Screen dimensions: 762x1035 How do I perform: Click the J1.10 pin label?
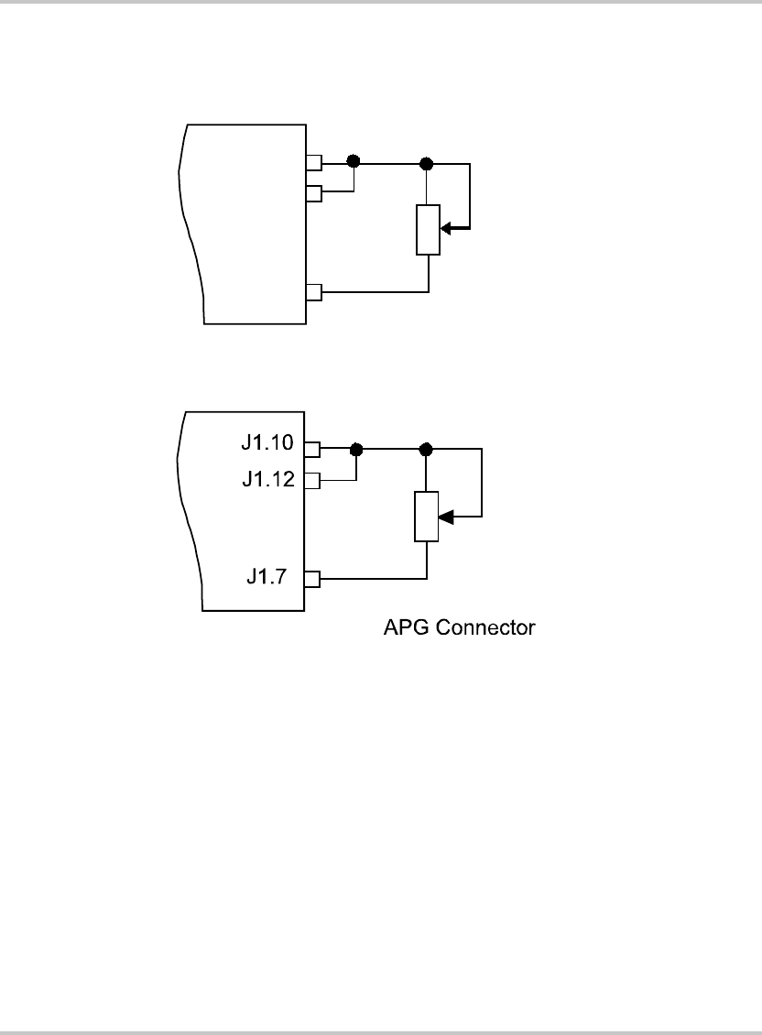pos(267,442)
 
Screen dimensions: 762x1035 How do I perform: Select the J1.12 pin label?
pos(268,479)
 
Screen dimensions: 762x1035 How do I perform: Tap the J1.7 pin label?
pos(267,576)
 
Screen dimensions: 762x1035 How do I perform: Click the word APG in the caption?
pos(406,627)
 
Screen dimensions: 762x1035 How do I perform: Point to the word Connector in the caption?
pos(485,627)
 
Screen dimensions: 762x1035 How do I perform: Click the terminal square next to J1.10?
pos(312,450)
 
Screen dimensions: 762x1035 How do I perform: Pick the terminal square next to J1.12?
pos(312,481)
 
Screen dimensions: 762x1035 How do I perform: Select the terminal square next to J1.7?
pos(312,580)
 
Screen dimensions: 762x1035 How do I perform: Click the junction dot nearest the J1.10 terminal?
pos(356,450)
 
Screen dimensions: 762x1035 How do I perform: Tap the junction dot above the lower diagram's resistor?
pos(426,450)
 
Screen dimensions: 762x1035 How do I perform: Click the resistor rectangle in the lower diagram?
pos(427,517)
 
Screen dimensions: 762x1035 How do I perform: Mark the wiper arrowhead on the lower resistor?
pos(446,517)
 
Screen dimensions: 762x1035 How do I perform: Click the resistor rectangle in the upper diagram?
pos(428,230)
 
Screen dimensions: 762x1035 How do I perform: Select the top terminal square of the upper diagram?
pos(314,162)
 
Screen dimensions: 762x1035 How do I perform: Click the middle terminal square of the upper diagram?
pos(314,193)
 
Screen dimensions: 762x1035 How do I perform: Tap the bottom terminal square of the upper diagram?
pos(314,292)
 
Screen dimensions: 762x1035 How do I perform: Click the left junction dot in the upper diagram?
pos(354,161)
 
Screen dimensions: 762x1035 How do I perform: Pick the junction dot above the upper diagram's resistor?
pos(427,163)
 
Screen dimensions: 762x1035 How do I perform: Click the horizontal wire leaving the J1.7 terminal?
pos(374,579)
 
